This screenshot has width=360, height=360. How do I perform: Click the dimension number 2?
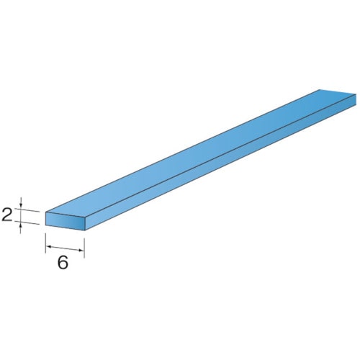click(7, 214)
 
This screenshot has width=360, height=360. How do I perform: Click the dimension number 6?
click(63, 263)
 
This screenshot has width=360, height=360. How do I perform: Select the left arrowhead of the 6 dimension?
click(50, 247)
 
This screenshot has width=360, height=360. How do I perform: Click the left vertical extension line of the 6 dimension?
click(46, 241)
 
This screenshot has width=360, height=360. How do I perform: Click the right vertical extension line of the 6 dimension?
click(86, 245)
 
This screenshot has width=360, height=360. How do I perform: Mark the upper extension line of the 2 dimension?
click(29, 211)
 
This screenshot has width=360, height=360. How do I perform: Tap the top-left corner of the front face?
click(46, 212)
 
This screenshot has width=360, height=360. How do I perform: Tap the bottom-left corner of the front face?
click(46, 226)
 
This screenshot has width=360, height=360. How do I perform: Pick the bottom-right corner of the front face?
click(86, 230)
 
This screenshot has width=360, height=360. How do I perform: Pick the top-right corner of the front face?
click(86, 216)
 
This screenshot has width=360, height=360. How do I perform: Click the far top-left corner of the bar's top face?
click(319, 90)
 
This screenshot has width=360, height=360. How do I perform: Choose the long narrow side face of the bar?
click(216, 165)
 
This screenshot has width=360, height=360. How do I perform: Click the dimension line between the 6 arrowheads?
click(66, 249)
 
